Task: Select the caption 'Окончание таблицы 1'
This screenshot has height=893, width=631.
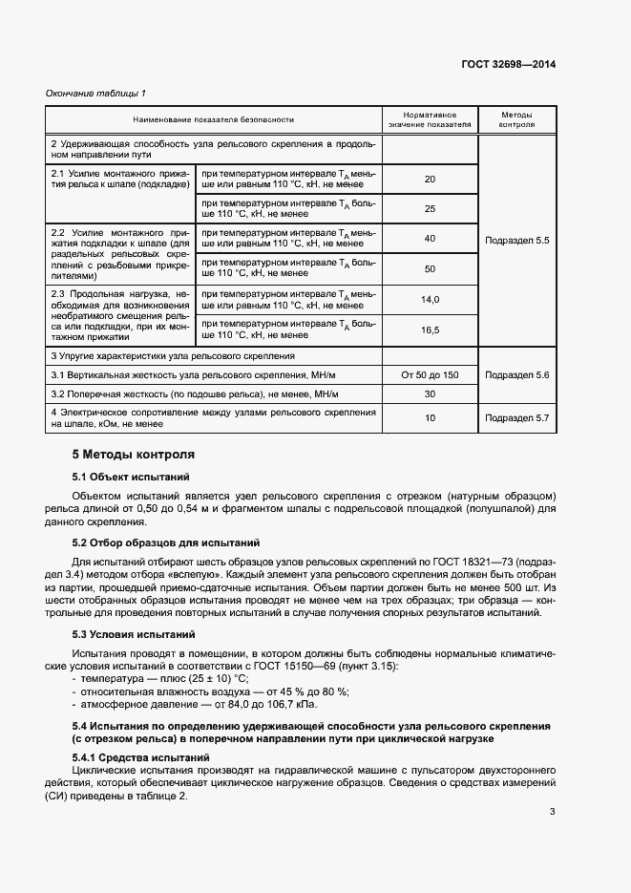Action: pos(95,93)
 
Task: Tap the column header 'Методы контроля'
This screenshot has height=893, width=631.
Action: pos(515,119)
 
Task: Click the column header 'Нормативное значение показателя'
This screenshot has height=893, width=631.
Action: pos(429,119)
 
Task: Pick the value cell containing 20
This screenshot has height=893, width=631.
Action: pos(430,179)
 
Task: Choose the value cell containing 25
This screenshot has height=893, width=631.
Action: pos(430,208)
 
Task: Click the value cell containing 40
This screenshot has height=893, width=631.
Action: pos(430,238)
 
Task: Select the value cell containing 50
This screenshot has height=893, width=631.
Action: pos(430,268)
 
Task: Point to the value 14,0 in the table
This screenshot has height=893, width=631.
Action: pos(430,299)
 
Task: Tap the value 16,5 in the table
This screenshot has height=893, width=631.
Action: pos(430,330)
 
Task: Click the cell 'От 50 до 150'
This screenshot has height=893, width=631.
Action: pos(430,374)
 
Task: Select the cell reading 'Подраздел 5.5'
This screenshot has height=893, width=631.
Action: pos(516,239)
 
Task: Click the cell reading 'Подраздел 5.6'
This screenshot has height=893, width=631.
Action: pos(516,374)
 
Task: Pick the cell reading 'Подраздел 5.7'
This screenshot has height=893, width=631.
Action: pos(516,418)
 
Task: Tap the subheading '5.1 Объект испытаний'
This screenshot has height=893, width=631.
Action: pos(131,476)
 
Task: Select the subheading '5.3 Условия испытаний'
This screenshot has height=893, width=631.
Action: pos(135,634)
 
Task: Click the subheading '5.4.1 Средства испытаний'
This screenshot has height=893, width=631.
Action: pos(141,757)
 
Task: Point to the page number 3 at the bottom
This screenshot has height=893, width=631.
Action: pos(552,812)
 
